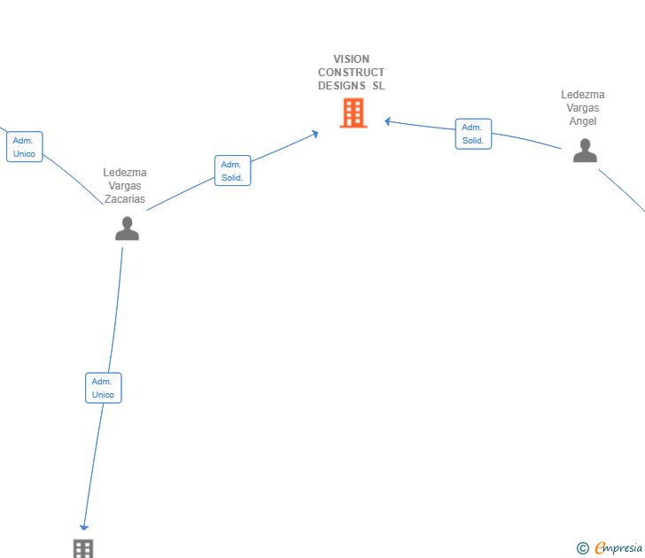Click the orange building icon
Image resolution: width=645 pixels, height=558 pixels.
click(354, 113)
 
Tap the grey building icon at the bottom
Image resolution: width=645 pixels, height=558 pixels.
click(83, 548)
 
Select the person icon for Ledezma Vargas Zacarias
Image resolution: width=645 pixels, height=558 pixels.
click(127, 229)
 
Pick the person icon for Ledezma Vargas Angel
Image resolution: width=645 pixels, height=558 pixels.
click(585, 151)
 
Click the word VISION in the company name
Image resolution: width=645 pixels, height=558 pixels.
click(351, 59)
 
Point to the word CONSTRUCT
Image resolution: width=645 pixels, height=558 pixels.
click(351, 73)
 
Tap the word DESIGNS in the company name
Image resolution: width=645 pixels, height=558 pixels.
click(342, 86)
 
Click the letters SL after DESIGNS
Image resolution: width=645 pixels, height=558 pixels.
click(379, 86)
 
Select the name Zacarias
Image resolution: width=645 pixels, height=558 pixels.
click(125, 199)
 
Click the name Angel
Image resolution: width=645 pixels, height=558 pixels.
click(583, 121)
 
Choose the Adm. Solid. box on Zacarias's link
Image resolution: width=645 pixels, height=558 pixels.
click(233, 171)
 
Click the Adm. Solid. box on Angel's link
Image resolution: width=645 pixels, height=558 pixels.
click(473, 134)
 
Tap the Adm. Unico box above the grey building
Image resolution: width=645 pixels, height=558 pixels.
click(104, 388)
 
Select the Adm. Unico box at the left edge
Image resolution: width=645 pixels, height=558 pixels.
click(25, 147)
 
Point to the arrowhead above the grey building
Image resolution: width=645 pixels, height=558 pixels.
click(84, 527)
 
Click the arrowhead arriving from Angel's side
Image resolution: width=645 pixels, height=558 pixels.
click(387, 121)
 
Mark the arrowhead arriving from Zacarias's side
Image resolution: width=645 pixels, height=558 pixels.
click(315, 134)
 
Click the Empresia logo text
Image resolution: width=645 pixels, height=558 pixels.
click(618, 547)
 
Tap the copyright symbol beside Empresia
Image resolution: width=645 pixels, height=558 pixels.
click(582, 548)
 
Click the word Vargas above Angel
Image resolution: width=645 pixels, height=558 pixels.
click(583, 108)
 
